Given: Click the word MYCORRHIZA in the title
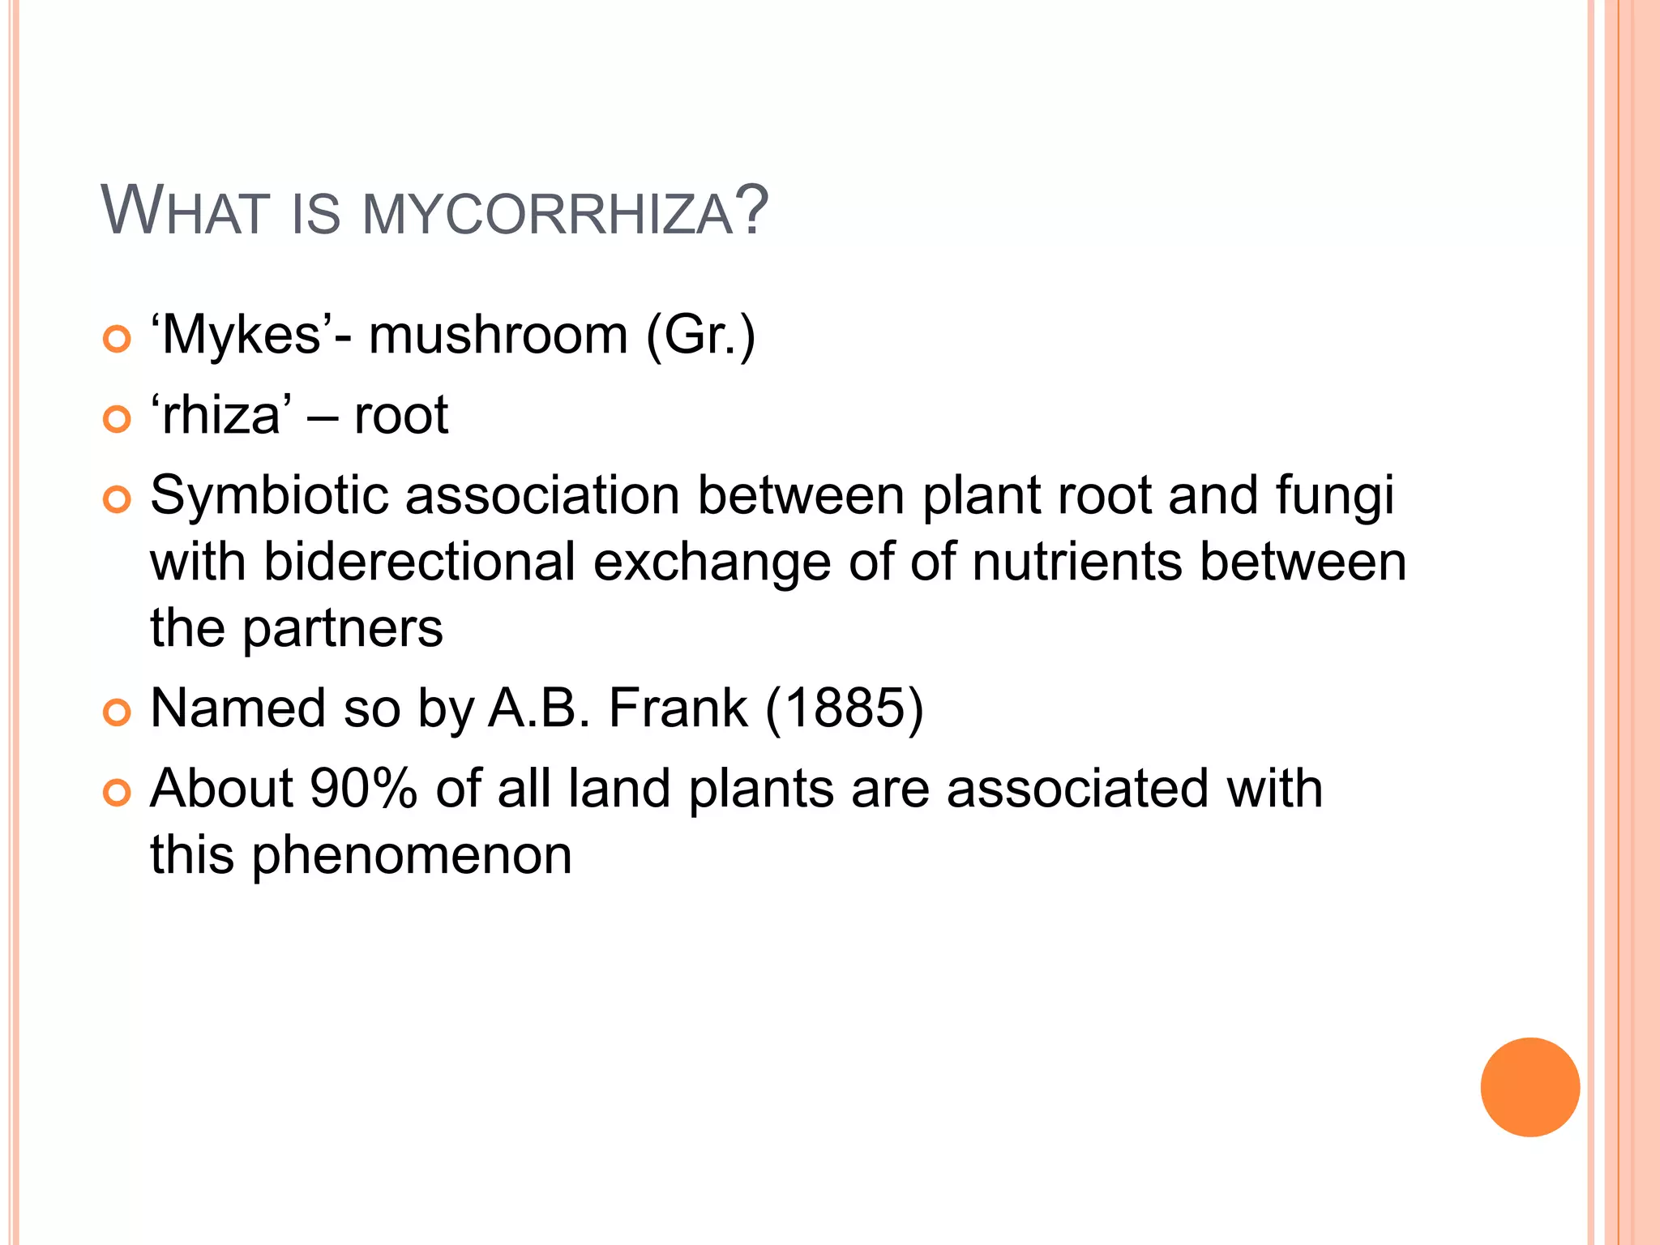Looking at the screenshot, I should [548, 215].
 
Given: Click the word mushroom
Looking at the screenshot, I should [498, 336].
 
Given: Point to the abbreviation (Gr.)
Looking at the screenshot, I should [700, 336].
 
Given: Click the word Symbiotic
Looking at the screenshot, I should [269, 496].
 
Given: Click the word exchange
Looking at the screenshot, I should [712, 563].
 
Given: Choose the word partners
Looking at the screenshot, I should [343, 629].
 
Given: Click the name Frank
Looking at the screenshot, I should [678, 708].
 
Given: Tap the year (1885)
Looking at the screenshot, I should [844, 708].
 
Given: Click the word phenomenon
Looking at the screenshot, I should [412, 855].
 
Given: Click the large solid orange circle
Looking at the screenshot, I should [1530, 1087].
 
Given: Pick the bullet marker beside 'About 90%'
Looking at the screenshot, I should [118, 794].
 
